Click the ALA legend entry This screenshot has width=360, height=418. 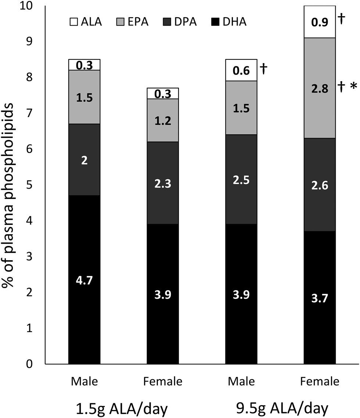coord(86,22)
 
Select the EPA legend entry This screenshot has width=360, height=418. coord(132,22)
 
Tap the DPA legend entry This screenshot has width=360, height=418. coord(180,22)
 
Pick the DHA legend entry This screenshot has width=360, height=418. coord(229,22)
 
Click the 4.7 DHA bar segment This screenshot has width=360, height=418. coord(84,280)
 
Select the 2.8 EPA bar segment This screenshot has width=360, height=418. coord(320,88)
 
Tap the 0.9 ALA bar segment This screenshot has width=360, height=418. coord(320,22)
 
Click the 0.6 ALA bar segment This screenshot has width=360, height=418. coord(241,70)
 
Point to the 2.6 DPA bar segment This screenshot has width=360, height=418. coord(320,185)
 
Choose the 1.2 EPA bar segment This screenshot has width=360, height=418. coord(163,120)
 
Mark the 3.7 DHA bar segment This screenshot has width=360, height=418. coord(320,298)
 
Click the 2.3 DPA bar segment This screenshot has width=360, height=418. coord(163,183)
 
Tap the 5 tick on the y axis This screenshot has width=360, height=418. coord(29,185)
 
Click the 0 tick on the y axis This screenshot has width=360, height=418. coord(29,364)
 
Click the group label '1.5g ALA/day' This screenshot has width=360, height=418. coord(122,409)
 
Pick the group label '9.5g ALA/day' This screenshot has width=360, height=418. coord(282,408)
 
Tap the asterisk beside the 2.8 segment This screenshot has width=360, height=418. coord(353,86)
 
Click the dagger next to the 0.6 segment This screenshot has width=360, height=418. coord(263,69)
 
